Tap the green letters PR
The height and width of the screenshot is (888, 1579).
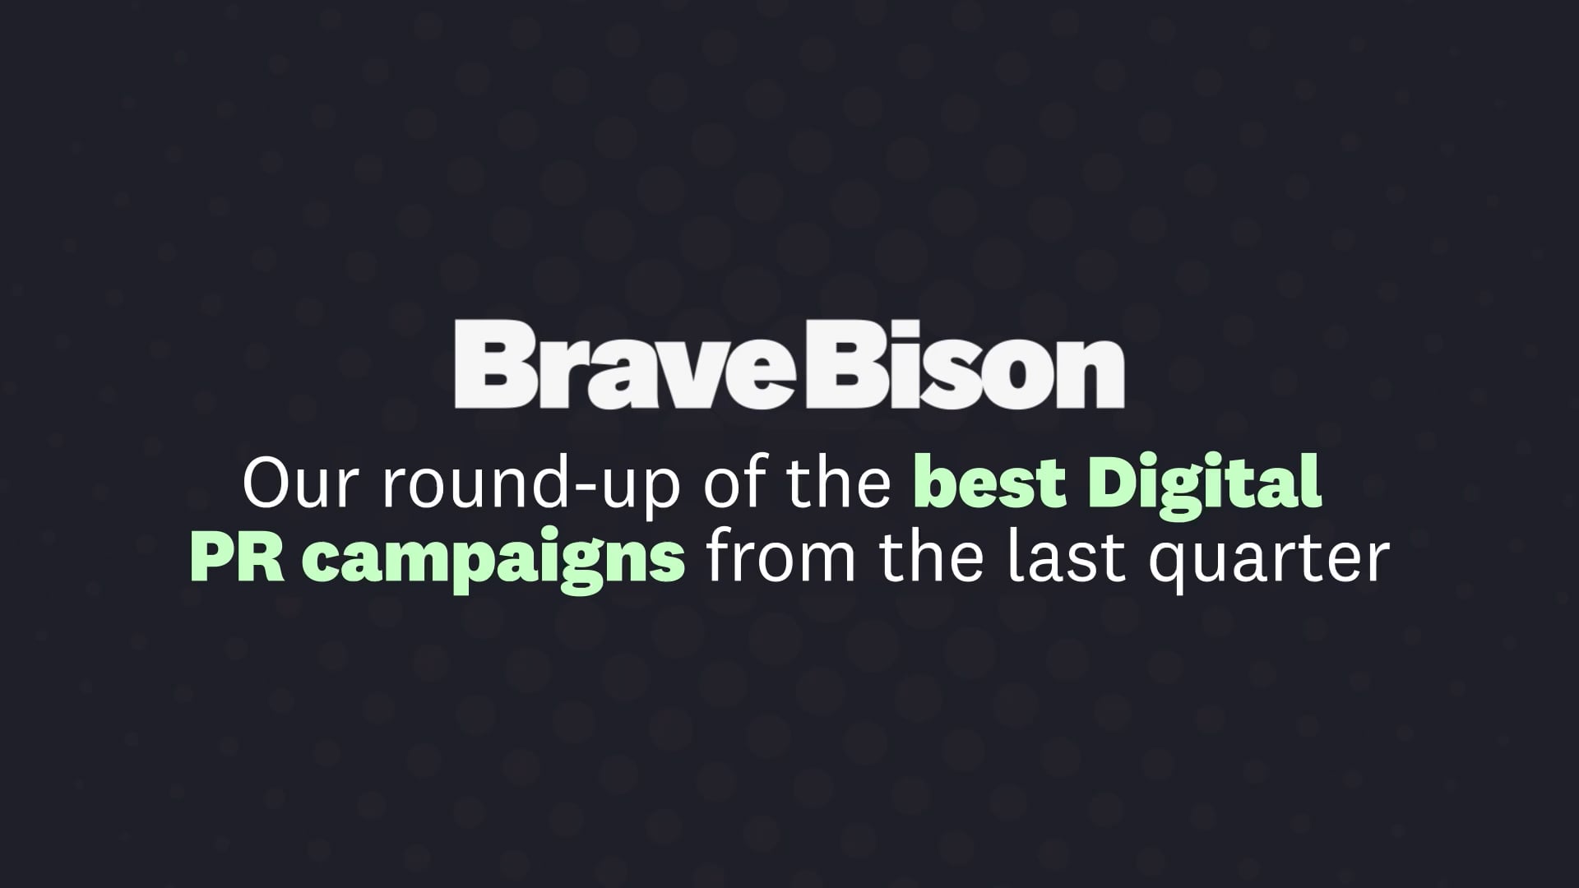point(237,559)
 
